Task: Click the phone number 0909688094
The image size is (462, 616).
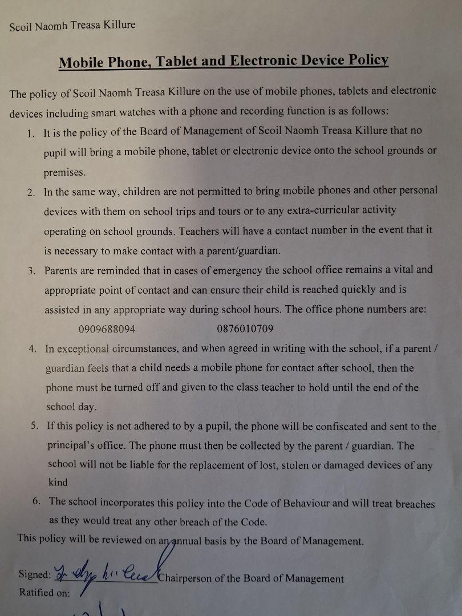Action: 107,329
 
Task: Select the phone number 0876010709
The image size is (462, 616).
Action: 245,329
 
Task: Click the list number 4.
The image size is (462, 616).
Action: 33,349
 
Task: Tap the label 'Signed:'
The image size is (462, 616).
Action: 35,574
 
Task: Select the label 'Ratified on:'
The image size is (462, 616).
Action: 44,593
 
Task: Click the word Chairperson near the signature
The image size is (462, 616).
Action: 185,578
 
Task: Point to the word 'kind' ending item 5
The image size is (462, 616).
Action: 57,483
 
